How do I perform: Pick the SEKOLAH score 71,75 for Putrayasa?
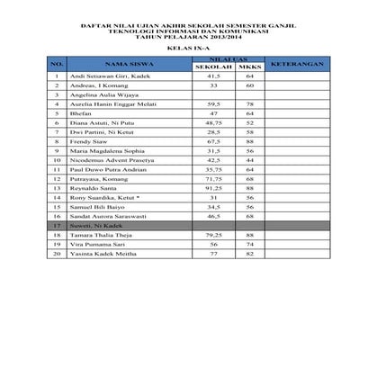[214, 179]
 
